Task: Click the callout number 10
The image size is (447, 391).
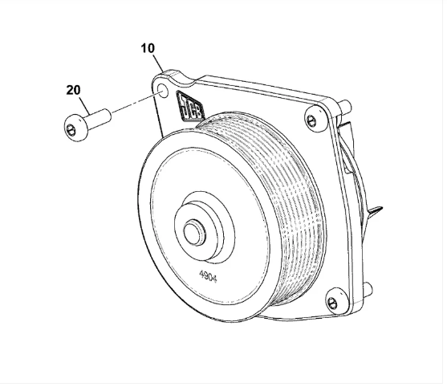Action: click(x=148, y=48)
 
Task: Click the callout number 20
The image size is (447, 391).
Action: click(x=74, y=90)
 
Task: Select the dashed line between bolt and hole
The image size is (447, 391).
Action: click(x=136, y=102)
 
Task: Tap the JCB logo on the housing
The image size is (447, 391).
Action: click(x=190, y=107)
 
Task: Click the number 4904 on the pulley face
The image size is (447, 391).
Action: click(x=208, y=276)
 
